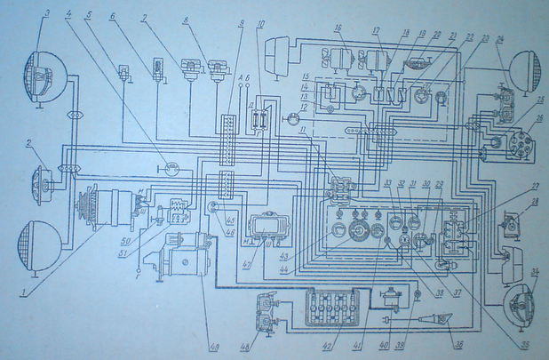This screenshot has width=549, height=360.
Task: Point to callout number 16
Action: point(338,28)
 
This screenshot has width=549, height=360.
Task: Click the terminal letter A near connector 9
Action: point(242,79)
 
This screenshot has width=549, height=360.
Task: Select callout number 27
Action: point(533,186)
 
